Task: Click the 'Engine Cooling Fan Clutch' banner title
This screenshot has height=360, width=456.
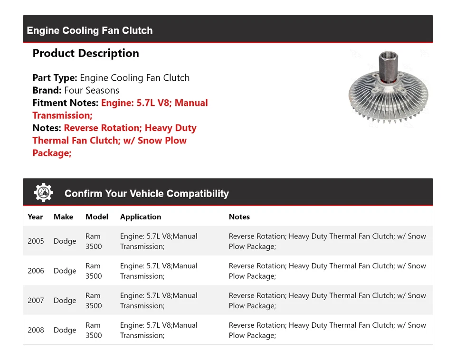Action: [90, 30]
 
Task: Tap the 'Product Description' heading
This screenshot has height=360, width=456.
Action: [85, 53]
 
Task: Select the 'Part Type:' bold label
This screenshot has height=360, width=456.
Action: [55, 78]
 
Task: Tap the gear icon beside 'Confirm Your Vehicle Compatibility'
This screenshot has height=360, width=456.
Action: [43, 193]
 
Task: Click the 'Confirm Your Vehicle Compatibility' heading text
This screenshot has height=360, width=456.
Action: [146, 194]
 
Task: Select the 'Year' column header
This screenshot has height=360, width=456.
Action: [35, 217]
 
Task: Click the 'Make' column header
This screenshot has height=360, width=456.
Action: [63, 217]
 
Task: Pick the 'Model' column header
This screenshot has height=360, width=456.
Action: [97, 217]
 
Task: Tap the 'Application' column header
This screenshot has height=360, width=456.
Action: [141, 217]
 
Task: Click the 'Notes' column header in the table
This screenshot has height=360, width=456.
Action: [239, 217]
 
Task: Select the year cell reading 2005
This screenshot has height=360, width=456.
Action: [36, 241]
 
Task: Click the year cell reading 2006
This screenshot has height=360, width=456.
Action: [36, 271]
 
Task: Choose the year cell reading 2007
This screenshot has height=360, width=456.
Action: [36, 301]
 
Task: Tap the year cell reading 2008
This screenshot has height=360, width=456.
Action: [36, 330]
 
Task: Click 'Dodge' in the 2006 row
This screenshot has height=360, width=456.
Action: [65, 271]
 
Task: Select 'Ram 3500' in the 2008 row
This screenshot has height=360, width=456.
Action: [94, 330]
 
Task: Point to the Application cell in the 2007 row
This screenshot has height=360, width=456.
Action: [159, 301]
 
